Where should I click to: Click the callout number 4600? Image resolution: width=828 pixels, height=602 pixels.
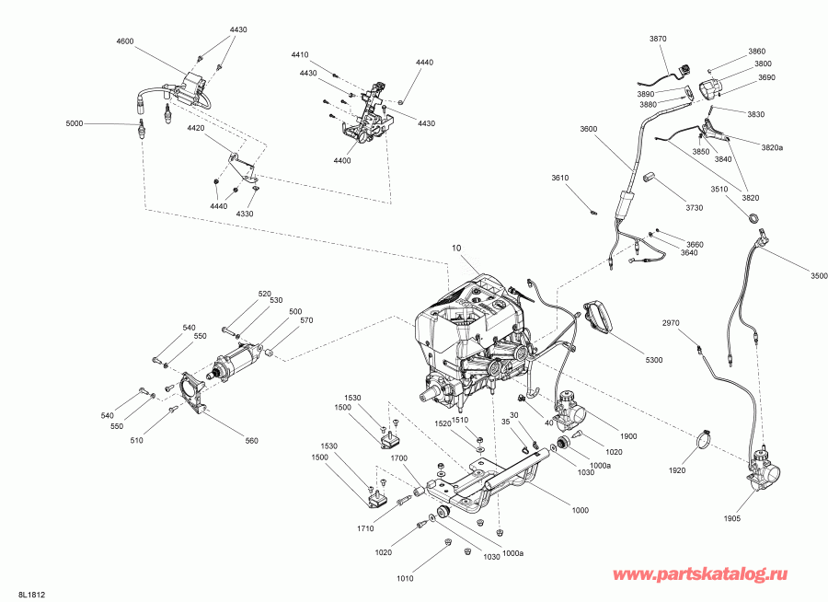[125, 42]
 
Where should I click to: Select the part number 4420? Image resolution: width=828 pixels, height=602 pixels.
[196, 129]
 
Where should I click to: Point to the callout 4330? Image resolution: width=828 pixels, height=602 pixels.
[245, 214]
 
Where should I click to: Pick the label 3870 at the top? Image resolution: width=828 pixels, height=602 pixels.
[658, 39]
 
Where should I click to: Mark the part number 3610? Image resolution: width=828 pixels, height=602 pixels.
[560, 178]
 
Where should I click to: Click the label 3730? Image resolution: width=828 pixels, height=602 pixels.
[694, 207]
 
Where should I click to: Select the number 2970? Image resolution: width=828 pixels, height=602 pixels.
[672, 323]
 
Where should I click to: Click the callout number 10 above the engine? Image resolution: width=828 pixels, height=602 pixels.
[455, 249]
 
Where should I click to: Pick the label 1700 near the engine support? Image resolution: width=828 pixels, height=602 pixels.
[398, 457]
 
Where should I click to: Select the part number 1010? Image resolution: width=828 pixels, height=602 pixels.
[405, 578]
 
